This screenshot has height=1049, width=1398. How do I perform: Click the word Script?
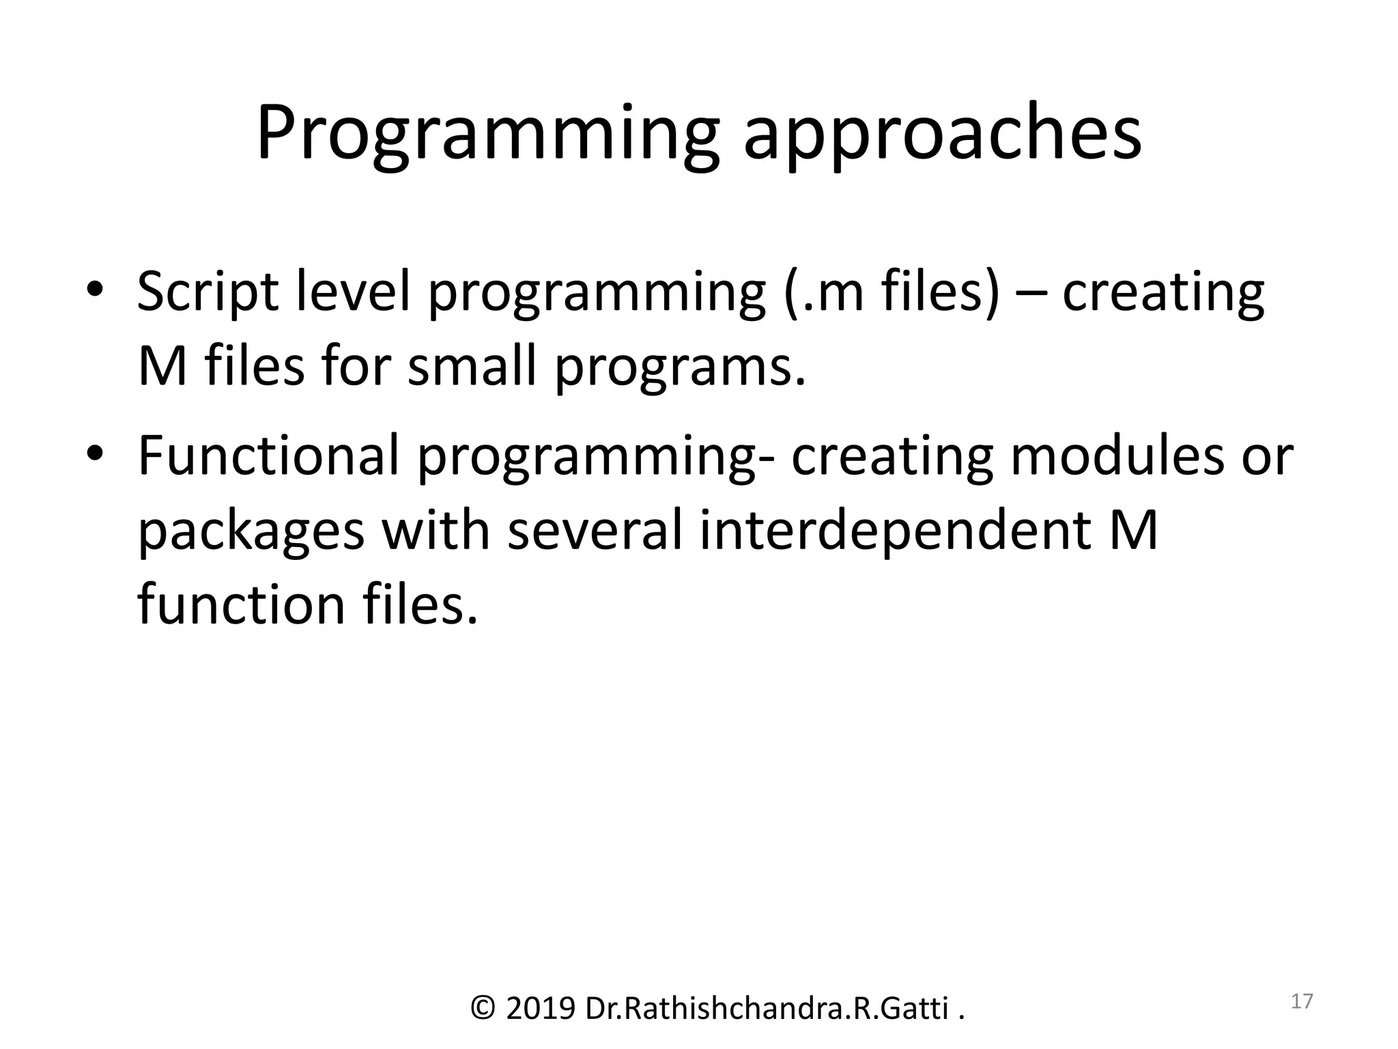208,292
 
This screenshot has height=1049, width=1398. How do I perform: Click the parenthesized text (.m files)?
891,292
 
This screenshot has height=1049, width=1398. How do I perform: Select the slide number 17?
1302,1001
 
